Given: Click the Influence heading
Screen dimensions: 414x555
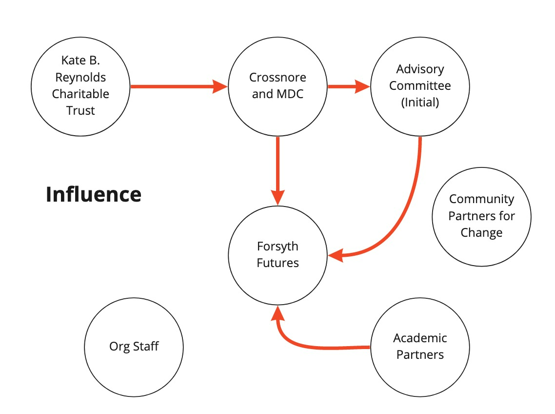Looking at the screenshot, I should click(94, 194).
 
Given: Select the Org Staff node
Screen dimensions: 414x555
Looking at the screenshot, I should click(134, 347).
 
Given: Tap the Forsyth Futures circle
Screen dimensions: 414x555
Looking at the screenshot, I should click(277, 255).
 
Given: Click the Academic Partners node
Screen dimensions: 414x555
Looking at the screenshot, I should click(420, 347).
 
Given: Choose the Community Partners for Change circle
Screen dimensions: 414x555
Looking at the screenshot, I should click(481, 216).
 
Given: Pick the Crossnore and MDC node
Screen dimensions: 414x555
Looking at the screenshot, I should click(277, 86).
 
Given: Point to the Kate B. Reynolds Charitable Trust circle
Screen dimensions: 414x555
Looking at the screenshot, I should click(80, 86).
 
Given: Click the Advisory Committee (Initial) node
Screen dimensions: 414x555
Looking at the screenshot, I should click(420, 86).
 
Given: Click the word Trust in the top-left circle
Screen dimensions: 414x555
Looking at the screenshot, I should click(80, 111).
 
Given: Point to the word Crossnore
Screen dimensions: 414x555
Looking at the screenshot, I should click(277, 78).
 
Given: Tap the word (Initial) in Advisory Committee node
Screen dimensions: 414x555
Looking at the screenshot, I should click(420, 103).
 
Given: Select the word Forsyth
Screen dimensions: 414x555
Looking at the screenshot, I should click(277, 247).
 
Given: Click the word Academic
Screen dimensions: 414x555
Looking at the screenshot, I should click(420, 338).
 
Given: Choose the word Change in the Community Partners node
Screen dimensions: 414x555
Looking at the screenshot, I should click(481, 233).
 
